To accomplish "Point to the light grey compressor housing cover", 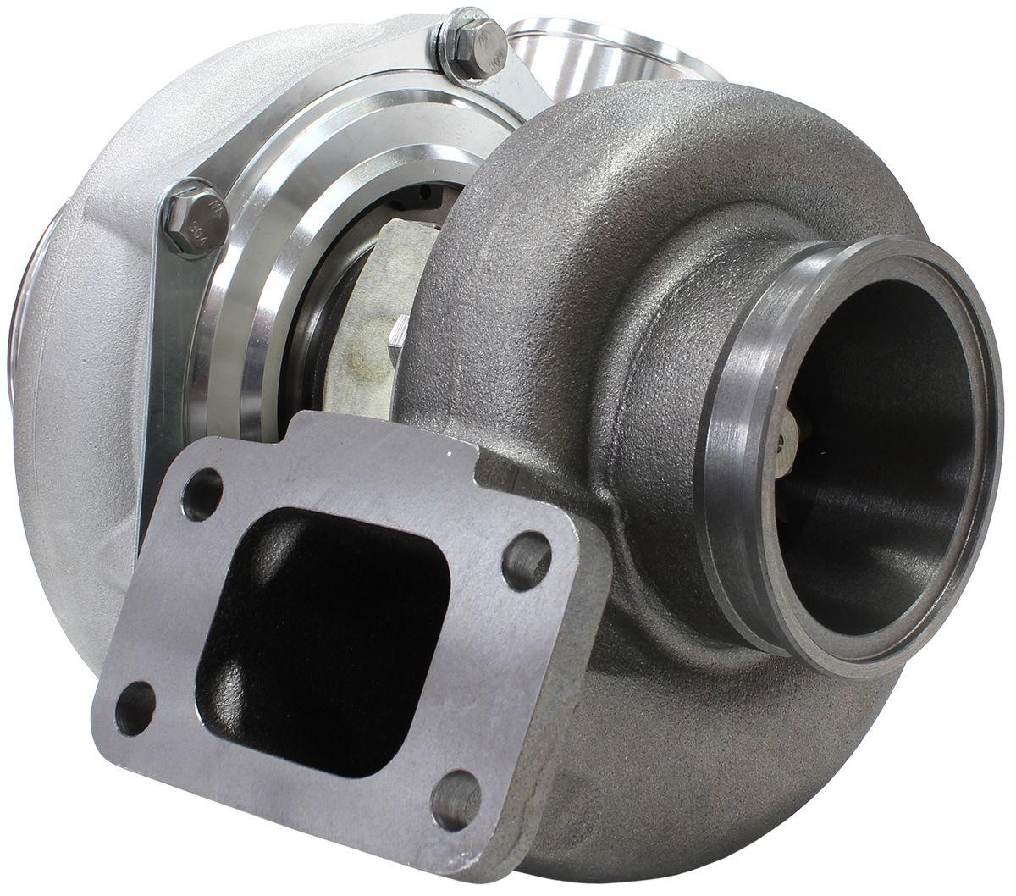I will coord(93,254).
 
